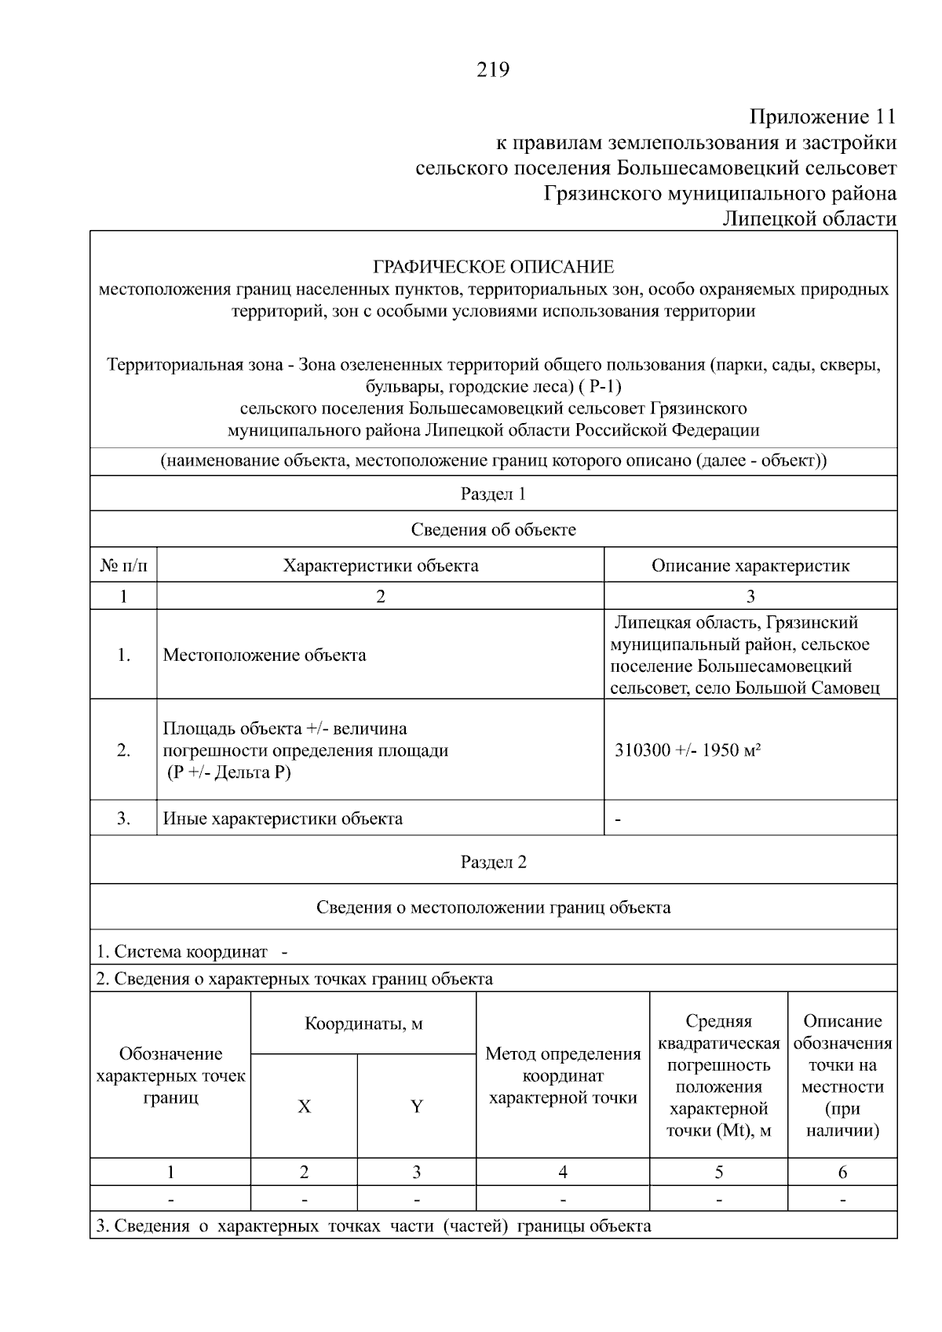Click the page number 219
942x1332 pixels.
click(x=493, y=71)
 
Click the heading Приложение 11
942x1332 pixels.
click(x=822, y=118)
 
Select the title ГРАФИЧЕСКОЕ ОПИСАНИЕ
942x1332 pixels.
click(x=493, y=267)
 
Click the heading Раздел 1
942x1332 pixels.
click(x=493, y=494)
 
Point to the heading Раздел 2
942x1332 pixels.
click(x=493, y=862)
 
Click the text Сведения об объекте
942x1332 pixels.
click(x=493, y=530)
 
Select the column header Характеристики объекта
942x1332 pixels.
click(x=381, y=566)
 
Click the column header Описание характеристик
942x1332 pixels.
click(x=750, y=566)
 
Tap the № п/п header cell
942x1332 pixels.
click(x=123, y=566)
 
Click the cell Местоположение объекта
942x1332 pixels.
click(x=265, y=655)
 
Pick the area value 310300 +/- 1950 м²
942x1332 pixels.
click(x=688, y=750)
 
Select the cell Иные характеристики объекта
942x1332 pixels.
click(x=283, y=819)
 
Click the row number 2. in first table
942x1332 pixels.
click(x=123, y=750)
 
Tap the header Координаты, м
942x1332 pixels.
click(x=363, y=1024)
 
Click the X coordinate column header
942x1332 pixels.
click(x=304, y=1107)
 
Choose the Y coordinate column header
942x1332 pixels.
click(x=417, y=1107)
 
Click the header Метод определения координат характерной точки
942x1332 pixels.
click(x=563, y=1075)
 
